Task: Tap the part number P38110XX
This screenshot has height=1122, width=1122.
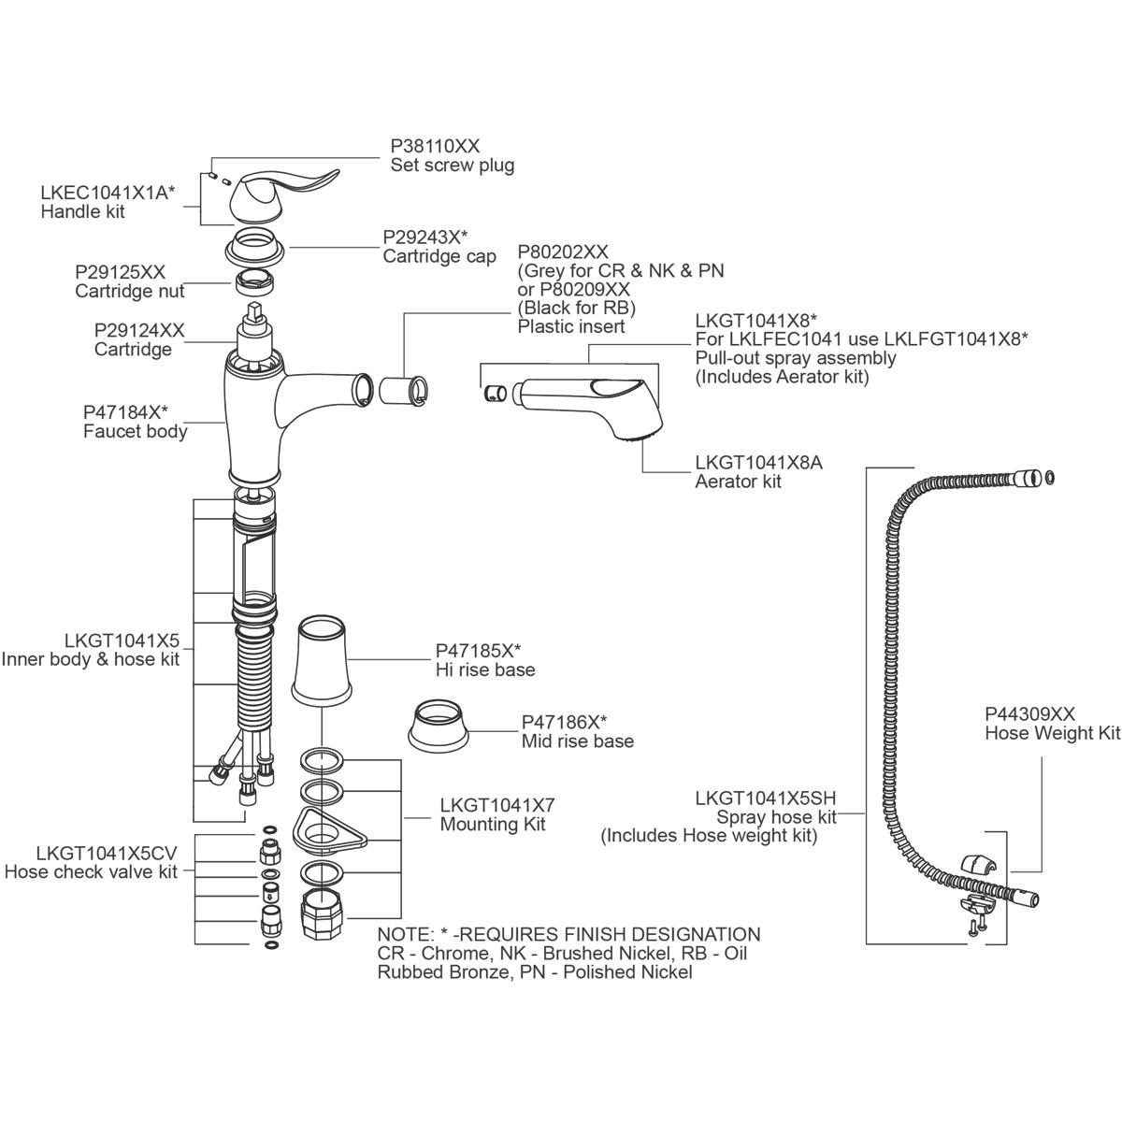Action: click(x=435, y=147)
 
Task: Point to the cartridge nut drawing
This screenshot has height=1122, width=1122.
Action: click(x=255, y=280)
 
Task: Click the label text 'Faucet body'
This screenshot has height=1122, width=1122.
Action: click(x=135, y=431)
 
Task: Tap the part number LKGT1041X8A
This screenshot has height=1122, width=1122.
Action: click(x=758, y=463)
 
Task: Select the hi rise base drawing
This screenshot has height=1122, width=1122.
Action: click(x=322, y=659)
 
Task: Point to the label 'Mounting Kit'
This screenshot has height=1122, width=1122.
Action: click(x=493, y=824)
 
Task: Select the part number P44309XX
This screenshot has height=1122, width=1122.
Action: click(x=1029, y=713)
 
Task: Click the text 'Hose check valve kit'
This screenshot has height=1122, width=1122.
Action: click(x=91, y=872)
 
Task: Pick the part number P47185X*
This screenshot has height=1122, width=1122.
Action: click(x=478, y=651)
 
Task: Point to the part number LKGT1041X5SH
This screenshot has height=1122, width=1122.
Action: click(x=766, y=798)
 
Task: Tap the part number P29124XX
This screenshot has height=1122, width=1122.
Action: click(x=139, y=331)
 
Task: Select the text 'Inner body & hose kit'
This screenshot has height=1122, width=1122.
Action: click(x=91, y=659)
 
